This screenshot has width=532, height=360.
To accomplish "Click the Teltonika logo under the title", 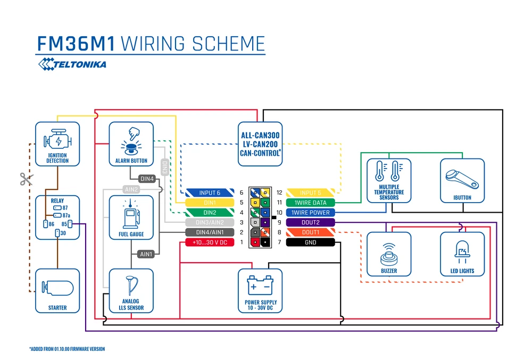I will point(72,64).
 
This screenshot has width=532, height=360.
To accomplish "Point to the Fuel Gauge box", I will point(131,217).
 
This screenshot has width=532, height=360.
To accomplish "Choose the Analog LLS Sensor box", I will point(131,290).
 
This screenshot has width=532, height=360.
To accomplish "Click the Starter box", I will point(57,290).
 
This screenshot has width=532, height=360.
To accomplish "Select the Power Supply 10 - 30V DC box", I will point(261,290).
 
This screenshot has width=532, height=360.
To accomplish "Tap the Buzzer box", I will point(389,254).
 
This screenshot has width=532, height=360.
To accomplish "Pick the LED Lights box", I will point(462,254).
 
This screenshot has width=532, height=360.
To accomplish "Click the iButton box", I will point(462,181).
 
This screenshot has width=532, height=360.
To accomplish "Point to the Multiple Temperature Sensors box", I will point(389,181).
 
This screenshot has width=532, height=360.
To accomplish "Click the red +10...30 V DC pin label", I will point(209,242).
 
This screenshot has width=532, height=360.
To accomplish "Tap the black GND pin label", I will point(311,242).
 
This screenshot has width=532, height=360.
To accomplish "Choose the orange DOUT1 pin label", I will point(311,232).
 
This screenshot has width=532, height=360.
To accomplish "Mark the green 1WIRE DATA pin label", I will point(311,203).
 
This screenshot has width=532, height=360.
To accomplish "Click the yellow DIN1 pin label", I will point(209,203).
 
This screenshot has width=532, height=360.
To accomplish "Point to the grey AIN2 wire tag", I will point(131,189).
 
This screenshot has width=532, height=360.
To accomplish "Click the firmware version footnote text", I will point(67,349).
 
